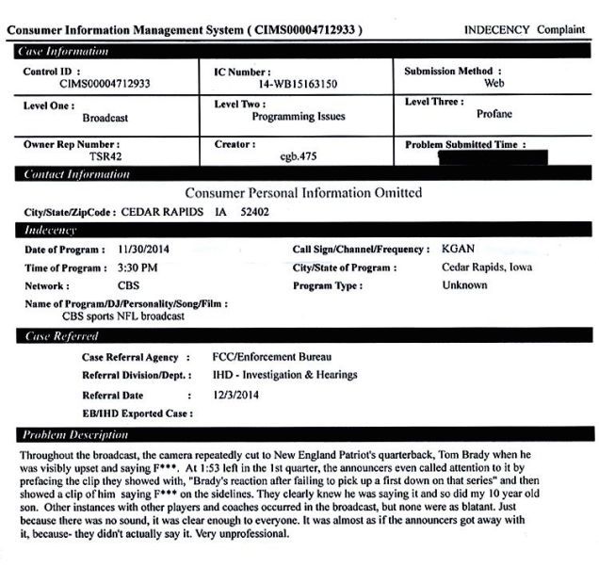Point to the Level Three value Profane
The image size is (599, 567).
pos(494,115)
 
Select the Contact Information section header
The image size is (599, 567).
pos(77,174)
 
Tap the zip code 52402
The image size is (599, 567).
pos(253,212)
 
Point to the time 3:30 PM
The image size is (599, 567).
pos(138,267)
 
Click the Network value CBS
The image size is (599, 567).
pos(129,285)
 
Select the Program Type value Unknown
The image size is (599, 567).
pos(464,285)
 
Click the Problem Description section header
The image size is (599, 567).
pos(75,434)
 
